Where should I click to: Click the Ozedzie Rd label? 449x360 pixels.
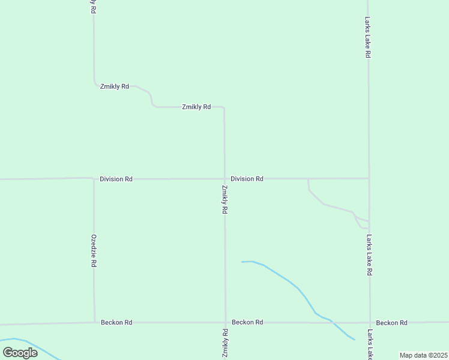[x=94, y=251]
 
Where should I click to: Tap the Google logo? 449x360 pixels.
[x=20, y=352]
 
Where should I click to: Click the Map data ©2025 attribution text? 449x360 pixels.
[x=423, y=355]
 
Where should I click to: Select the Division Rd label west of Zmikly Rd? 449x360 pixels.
[x=116, y=179]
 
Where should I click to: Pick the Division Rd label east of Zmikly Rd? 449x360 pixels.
[x=247, y=179]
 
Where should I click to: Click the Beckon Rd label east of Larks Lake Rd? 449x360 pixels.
[x=392, y=323]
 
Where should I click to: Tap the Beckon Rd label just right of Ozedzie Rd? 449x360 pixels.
[x=116, y=322]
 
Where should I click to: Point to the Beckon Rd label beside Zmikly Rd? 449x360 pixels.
[x=247, y=322]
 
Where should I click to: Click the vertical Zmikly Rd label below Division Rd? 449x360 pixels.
[x=224, y=199]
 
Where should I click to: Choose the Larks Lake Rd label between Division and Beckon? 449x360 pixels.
[x=369, y=255]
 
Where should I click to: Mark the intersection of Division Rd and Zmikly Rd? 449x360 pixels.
[x=224, y=178]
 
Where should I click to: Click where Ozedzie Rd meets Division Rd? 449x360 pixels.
[x=94, y=178]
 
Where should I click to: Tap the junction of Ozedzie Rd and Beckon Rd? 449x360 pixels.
[x=94, y=322]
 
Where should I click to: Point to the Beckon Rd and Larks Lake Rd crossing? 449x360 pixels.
[x=369, y=323]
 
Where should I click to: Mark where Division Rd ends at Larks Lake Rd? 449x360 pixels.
[x=369, y=178]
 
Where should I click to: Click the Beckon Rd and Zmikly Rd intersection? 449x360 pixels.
[x=225, y=322]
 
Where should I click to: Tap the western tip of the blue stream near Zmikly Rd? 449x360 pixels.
[x=242, y=262]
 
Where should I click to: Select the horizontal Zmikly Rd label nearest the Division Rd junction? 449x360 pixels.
[x=196, y=107]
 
